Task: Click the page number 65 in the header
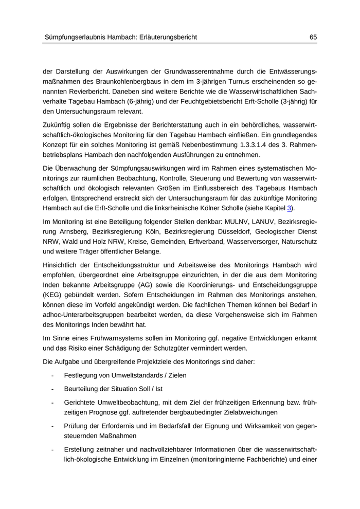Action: tap(313, 37)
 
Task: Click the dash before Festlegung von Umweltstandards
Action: tap(53, 375)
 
